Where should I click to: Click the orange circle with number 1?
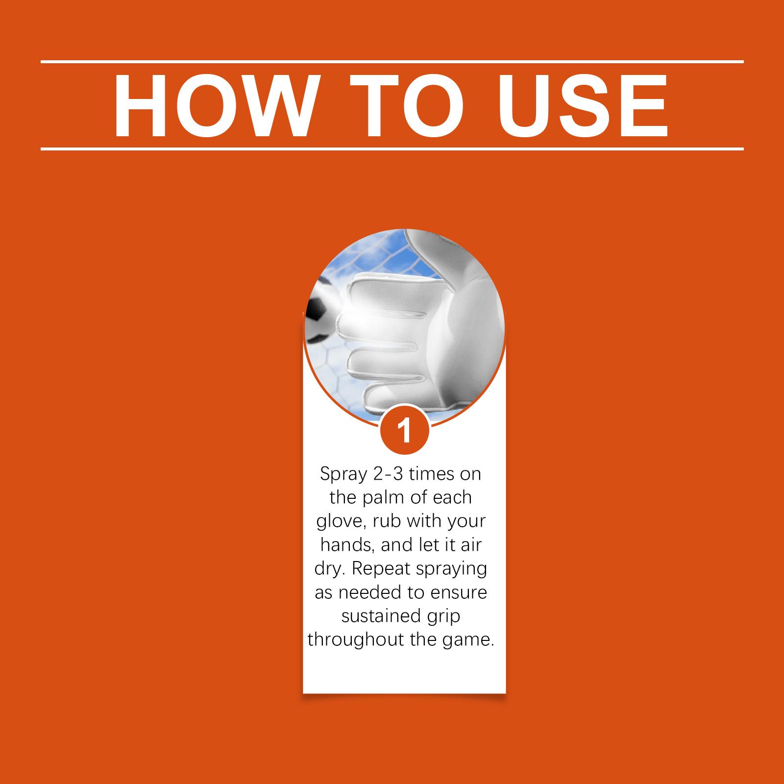[405, 430]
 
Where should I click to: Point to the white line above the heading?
[392, 62]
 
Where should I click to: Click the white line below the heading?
[392, 148]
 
